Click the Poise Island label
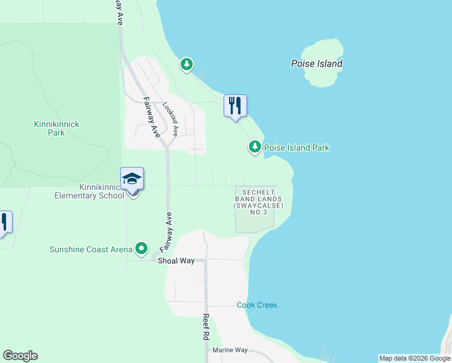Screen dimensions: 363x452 tap(317, 64)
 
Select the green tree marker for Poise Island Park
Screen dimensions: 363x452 tap(255, 147)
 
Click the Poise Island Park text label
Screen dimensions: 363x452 tap(297, 148)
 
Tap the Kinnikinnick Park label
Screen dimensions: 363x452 tap(56, 128)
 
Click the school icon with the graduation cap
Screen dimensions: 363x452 tap(132, 179)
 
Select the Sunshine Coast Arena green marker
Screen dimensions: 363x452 tap(141, 249)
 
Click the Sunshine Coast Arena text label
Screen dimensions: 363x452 tap(91, 249)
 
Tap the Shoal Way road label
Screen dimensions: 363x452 tap(176, 261)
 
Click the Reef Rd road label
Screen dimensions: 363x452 tap(205, 327)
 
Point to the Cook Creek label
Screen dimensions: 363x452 tap(257, 305)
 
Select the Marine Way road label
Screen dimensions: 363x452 tap(230, 350)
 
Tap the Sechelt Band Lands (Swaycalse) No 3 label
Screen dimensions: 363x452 tap(258, 202)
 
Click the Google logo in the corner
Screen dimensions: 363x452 tap(20, 356)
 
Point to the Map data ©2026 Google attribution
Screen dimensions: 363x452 tap(415, 358)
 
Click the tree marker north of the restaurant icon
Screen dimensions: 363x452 tap(187, 64)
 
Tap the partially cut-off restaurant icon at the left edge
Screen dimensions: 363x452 tap(4, 221)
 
